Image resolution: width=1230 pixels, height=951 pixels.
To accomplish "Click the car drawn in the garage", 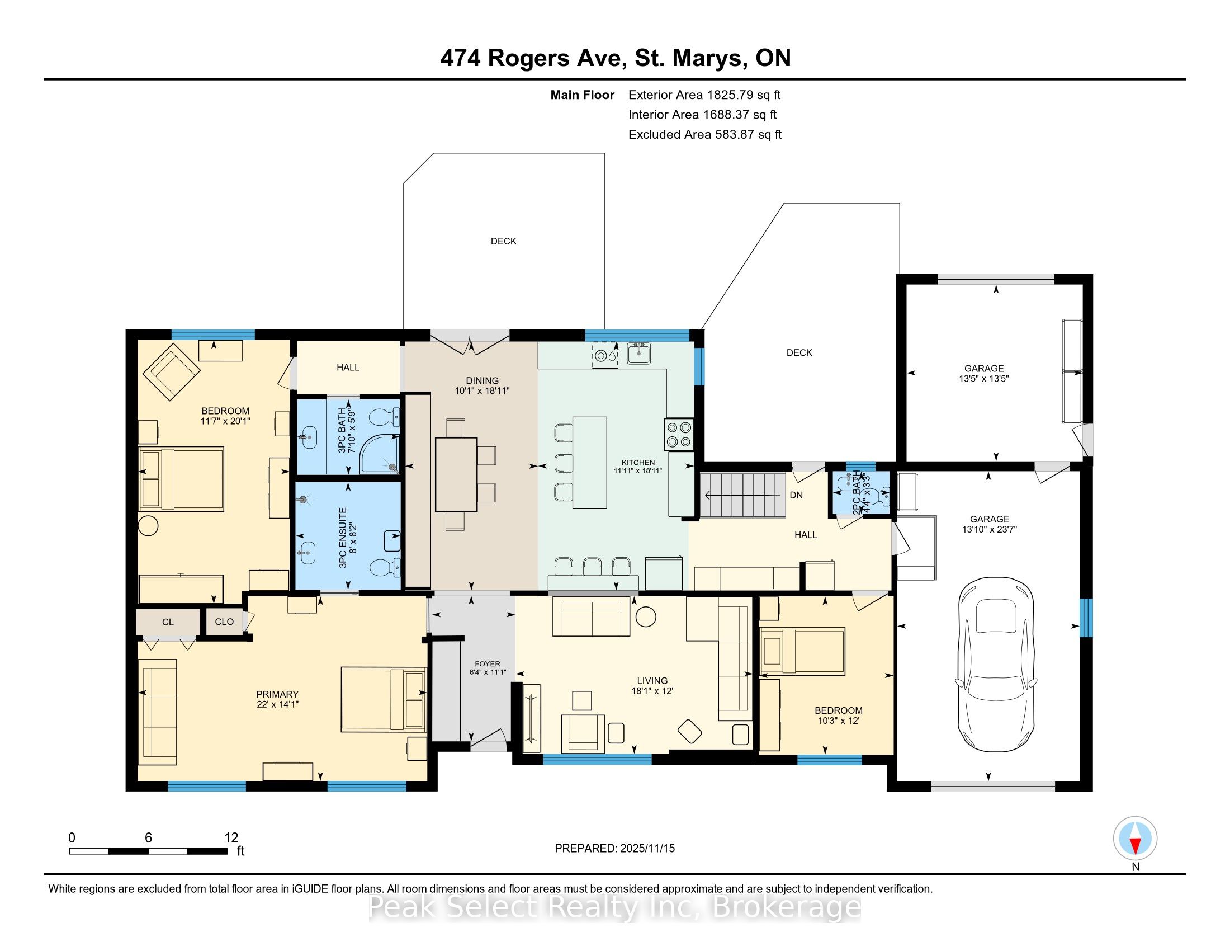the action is [x=996, y=663].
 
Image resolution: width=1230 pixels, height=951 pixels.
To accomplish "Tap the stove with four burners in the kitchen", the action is [x=679, y=434].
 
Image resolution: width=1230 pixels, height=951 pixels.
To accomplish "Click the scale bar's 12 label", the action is [x=231, y=838].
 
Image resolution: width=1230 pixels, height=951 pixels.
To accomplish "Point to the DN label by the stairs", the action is [x=796, y=495].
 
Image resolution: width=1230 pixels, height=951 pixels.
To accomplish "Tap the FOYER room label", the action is [x=487, y=663].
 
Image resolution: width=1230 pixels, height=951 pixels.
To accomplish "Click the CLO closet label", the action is [x=224, y=622].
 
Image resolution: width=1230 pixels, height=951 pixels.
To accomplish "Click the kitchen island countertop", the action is [x=590, y=462].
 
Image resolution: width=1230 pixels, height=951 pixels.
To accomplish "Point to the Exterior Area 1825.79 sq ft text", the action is [x=704, y=95].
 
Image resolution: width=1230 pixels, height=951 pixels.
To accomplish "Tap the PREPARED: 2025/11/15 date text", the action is [x=614, y=849].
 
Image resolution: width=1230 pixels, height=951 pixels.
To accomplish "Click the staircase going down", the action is [x=743, y=495].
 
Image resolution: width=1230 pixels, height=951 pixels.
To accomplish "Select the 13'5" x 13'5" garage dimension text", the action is [x=983, y=379].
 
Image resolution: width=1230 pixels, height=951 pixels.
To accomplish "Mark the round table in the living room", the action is [x=645, y=616].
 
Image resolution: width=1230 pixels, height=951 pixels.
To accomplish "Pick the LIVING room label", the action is [x=652, y=681].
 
